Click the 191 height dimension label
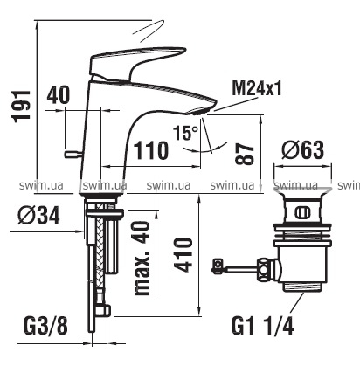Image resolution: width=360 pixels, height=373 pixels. tap(21, 106)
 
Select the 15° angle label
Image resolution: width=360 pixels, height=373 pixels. tap(185, 133)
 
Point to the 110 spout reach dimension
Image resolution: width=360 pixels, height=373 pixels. tap(150, 150)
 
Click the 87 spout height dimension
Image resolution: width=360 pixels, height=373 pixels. tap(245, 154)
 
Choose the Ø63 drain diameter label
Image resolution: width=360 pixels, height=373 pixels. tap(302, 150)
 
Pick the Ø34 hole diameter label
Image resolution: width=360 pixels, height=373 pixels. tap(38, 216)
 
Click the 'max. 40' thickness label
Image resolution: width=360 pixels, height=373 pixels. tap(142, 259)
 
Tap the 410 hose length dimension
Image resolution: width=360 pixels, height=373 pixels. tap(184, 255)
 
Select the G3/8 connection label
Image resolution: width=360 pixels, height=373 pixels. tap(45, 326)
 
